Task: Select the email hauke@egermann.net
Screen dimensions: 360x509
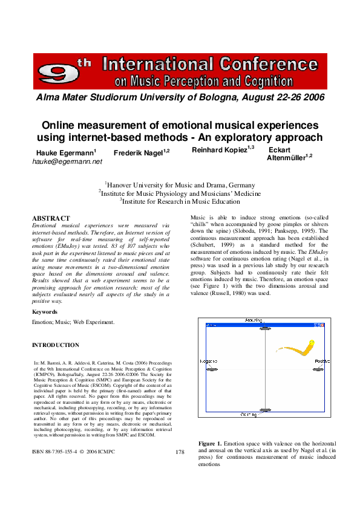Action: click(67, 162)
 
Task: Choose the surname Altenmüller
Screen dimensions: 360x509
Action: click(288, 158)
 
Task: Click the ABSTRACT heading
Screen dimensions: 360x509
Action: click(50, 218)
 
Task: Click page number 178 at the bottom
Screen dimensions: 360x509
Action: click(180, 452)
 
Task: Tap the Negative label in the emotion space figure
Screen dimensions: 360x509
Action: click(209, 361)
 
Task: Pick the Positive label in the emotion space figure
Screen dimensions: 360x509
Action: click(322, 361)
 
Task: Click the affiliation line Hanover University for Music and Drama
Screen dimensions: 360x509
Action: click(180, 185)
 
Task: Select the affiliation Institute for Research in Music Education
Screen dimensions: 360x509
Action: click(180, 201)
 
